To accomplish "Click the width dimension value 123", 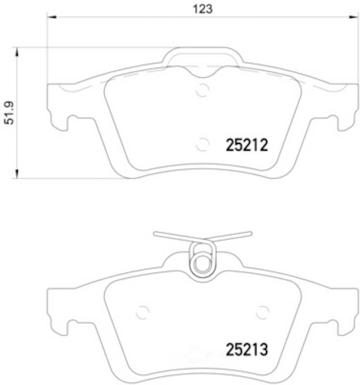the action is [202, 9].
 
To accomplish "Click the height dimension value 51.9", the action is [10, 113].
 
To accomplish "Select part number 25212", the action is [247, 145].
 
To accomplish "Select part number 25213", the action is [247, 350].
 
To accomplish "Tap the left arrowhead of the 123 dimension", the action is [51, 17].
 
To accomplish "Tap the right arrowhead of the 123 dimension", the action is [354, 17].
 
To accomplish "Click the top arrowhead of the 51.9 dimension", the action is [17, 52].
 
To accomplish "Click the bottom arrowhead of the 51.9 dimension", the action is [17, 174].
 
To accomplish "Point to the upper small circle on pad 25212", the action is [203, 90].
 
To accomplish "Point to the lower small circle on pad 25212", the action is [203, 144].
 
